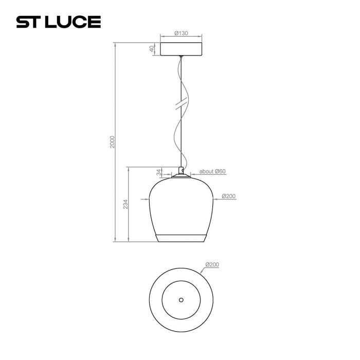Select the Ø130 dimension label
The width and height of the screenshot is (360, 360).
tap(181, 33)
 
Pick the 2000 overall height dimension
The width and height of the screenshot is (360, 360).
tap(113, 142)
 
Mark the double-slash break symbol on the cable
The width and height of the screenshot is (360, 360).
tap(181, 105)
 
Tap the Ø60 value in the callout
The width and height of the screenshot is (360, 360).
tap(220, 172)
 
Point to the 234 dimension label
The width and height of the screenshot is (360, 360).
tap(125, 204)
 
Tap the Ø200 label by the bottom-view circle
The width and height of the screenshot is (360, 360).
tap(212, 265)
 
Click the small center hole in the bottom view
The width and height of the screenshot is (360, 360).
tap(181, 299)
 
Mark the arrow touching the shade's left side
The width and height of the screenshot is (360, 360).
tap(146, 200)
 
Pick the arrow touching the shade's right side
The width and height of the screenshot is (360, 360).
tap(216, 200)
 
